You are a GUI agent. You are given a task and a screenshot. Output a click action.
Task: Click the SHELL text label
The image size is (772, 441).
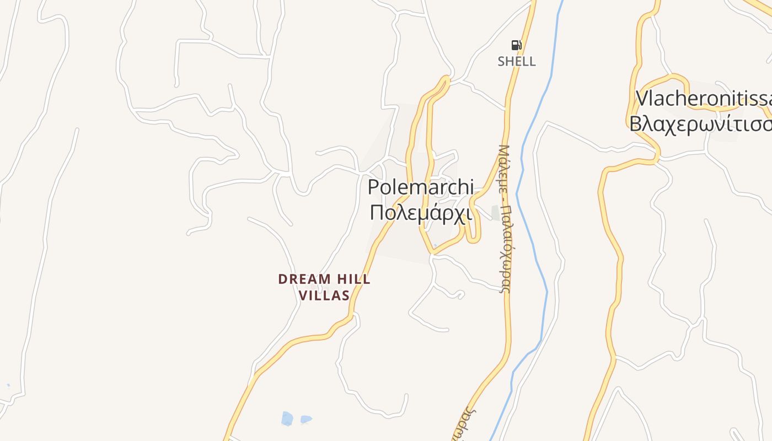[x=516, y=61]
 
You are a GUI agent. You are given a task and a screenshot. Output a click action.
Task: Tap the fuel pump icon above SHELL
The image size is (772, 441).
[x=516, y=45]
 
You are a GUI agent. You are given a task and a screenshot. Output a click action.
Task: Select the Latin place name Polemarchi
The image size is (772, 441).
[x=420, y=187]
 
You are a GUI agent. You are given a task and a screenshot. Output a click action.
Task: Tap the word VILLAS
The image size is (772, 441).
[x=324, y=295]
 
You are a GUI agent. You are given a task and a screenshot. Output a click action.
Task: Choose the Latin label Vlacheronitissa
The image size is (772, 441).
[x=704, y=99]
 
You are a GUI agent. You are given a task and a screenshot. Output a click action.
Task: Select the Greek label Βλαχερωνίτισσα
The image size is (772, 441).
[x=700, y=124]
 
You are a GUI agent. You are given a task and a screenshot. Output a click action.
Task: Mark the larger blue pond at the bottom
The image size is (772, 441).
[x=287, y=418]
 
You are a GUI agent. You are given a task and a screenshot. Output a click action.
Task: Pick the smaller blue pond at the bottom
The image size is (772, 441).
[x=306, y=420]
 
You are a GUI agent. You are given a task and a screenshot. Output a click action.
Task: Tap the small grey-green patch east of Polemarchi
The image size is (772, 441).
[x=496, y=213]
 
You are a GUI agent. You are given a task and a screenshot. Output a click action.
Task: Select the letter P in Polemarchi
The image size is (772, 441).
[x=374, y=187]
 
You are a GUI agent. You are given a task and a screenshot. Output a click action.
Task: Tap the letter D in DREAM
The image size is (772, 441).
[x=282, y=279]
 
